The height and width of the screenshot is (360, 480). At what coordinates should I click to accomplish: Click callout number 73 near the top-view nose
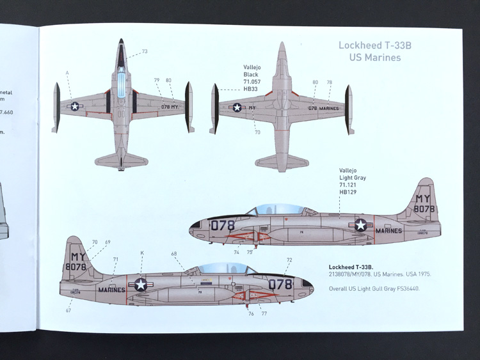(x=145, y=51)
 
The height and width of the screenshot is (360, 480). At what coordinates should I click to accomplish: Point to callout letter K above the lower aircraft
(x=142, y=253)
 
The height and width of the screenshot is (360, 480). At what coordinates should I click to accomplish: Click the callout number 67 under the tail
(x=68, y=310)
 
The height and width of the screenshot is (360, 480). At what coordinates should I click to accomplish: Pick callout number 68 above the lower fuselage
(x=174, y=254)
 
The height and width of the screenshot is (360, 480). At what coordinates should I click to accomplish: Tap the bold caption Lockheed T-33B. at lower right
(x=350, y=265)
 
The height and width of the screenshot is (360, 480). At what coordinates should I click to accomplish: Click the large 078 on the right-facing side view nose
(x=223, y=225)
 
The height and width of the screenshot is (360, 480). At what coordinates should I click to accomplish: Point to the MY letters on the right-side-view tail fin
(x=424, y=198)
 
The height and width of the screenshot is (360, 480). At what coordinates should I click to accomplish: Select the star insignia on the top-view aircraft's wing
(x=75, y=107)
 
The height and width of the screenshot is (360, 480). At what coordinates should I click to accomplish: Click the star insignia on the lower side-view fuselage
(x=140, y=285)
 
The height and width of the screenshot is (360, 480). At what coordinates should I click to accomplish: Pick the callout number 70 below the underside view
(x=257, y=132)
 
